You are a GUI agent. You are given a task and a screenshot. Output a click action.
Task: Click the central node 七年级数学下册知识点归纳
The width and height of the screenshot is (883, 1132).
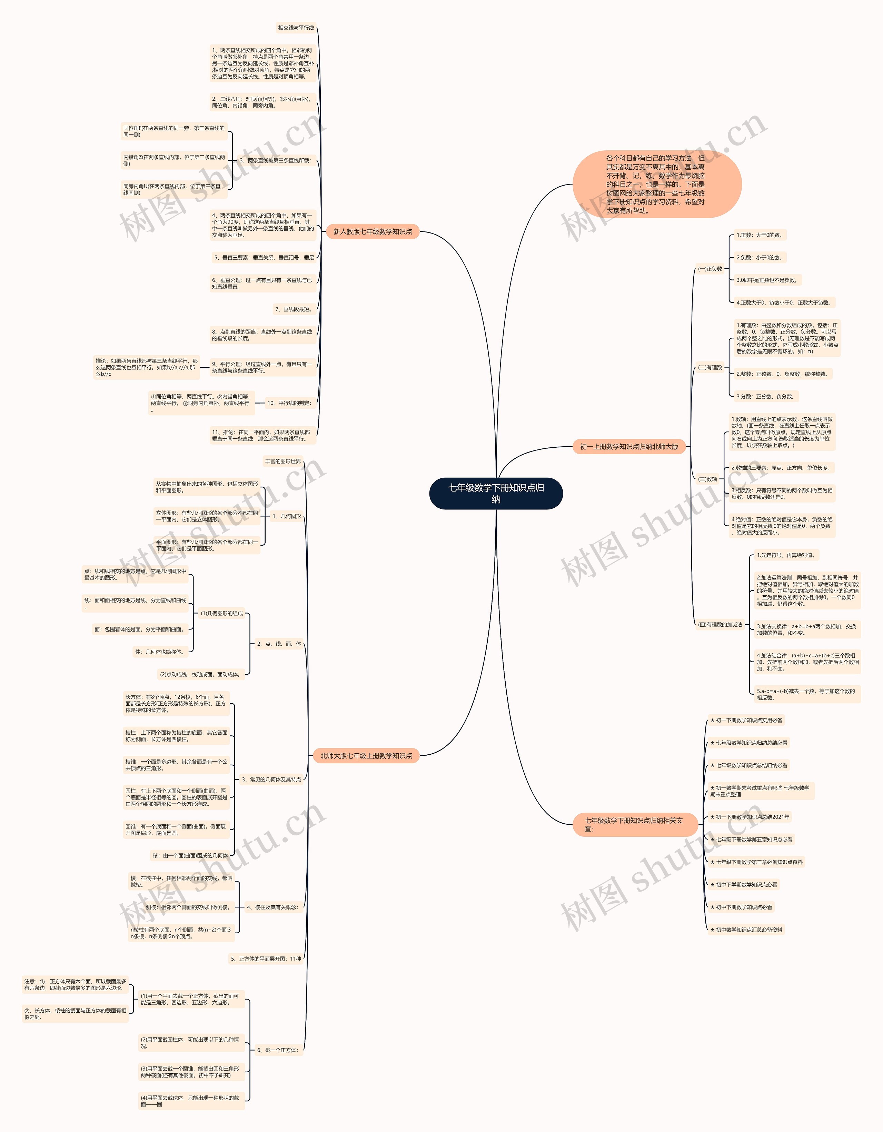tap(496, 493)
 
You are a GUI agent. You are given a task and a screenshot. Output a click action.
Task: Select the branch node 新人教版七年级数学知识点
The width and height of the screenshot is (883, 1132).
tap(372, 232)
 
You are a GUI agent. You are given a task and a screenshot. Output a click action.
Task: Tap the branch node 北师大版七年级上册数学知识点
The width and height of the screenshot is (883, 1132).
tap(366, 756)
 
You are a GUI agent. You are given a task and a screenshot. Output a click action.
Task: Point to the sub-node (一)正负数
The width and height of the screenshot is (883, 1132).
tap(710, 269)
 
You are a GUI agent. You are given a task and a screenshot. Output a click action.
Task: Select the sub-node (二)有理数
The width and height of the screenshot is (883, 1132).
tap(710, 367)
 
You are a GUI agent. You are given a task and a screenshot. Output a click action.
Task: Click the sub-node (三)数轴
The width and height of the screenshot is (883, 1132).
tap(707, 479)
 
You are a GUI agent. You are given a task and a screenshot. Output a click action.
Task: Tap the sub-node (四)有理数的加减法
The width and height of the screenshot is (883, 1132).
tap(720, 625)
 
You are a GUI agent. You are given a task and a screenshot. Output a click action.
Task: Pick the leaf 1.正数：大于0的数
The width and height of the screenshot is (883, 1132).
tap(758, 235)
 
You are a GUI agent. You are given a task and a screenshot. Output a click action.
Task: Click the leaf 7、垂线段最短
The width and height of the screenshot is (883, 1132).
tap(293, 309)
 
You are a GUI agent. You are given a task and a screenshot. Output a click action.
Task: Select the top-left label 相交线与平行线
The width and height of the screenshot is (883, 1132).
tap(296, 28)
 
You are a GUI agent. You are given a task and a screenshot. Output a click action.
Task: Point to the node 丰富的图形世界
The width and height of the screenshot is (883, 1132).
tap(282, 461)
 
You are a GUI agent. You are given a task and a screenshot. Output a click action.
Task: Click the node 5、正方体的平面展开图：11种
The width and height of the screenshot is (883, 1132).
tap(266, 959)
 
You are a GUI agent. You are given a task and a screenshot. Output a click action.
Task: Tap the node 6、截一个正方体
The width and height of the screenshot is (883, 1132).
tap(278, 1050)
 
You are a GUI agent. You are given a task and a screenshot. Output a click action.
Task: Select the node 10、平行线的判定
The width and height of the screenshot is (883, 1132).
tap(289, 403)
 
